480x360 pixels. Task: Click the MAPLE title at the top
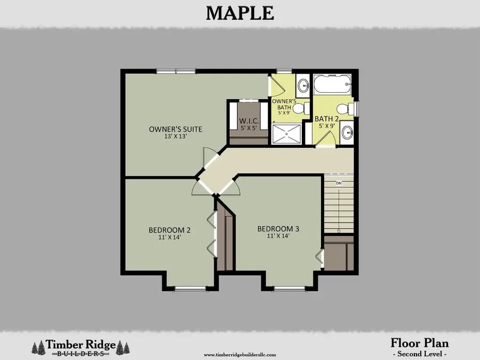[x=239, y=12]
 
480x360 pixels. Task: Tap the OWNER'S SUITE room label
[x=175, y=129]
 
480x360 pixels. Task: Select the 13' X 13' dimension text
[x=175, y=137]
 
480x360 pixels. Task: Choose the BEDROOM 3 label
[x=278, y=229]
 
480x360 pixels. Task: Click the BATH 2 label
[x=325, y=118]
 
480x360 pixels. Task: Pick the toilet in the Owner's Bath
[x=300, y=108]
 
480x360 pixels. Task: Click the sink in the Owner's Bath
[x=303, y=85]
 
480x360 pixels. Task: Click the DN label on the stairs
[x=338, y=183]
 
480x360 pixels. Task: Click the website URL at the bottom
[x=240, y=354]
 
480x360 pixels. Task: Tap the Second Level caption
[x=419, y=354]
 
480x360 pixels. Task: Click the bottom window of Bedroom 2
[x=190, y=289]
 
